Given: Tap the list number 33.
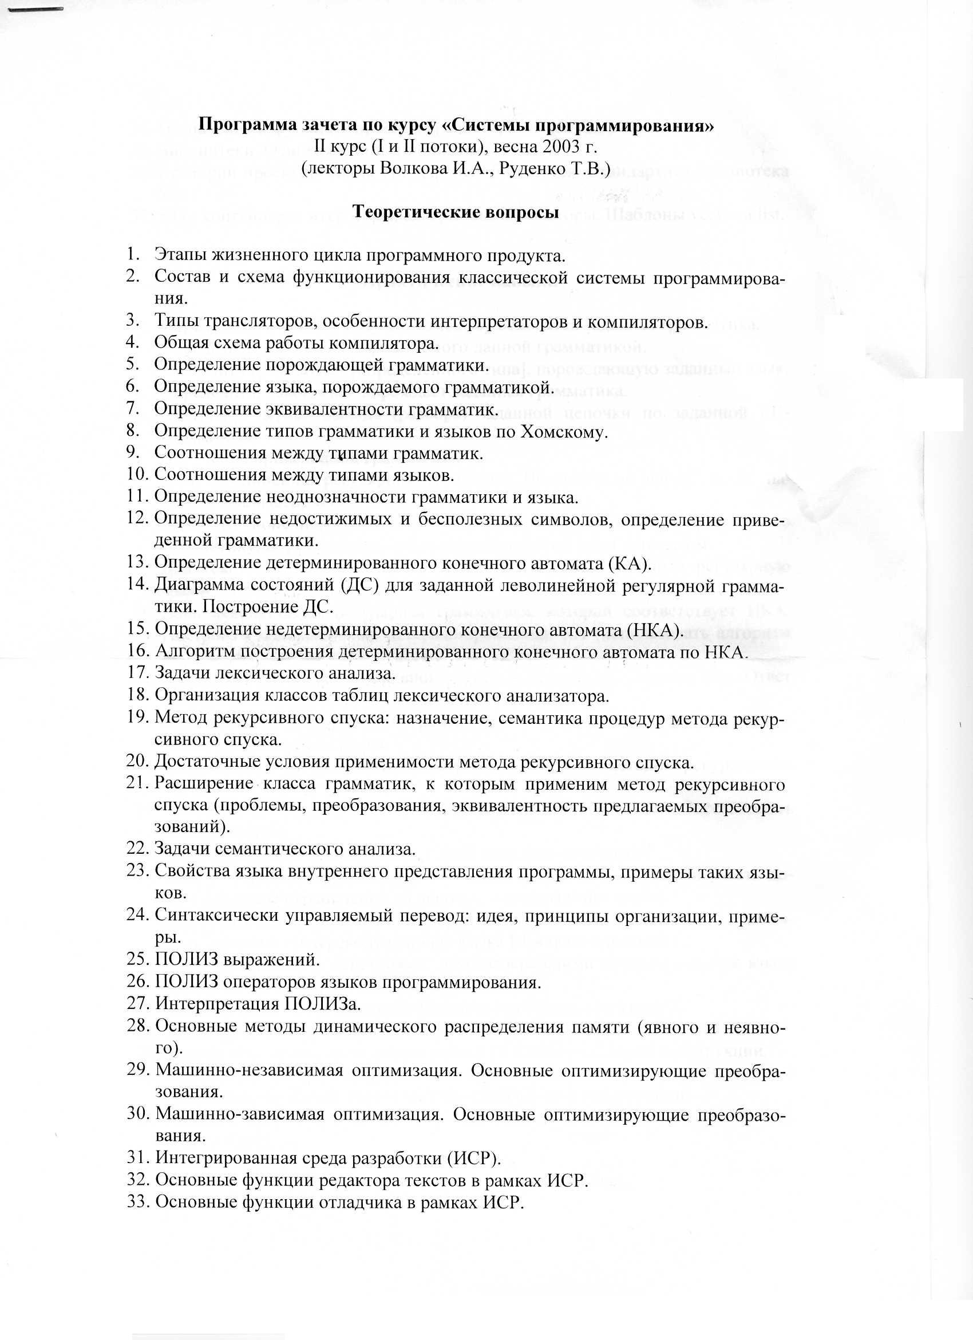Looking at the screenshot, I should (x=137, y=1203).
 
